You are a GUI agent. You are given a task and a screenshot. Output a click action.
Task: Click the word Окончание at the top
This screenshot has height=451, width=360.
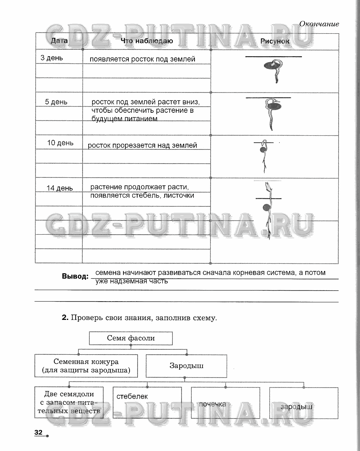pos(319,24)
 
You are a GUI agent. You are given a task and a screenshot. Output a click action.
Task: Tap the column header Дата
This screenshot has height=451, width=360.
pos(59,41)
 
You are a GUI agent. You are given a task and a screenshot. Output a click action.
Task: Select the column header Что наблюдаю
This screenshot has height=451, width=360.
pos(147,41)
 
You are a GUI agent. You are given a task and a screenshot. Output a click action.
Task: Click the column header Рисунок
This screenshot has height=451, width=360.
pos(275,41)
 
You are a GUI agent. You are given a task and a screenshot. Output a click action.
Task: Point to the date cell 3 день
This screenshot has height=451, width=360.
pos(52,58)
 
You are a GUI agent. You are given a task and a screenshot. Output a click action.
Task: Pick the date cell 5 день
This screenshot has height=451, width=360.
pos(56,102)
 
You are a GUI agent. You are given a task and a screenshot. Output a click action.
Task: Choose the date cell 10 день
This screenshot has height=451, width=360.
pos(60,143)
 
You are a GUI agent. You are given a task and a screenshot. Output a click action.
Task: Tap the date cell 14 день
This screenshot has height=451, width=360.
pos(60,188)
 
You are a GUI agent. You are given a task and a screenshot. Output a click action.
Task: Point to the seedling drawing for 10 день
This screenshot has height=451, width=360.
pos(264,156)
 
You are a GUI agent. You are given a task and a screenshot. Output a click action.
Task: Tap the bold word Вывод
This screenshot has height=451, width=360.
pos(75,276)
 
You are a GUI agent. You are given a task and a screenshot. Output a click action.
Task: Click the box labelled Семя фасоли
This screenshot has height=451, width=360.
pos(131,338)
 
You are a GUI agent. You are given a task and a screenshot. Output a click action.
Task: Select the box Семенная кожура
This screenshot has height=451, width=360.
pos(86,365)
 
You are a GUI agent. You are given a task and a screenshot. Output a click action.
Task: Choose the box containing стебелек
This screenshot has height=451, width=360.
pos(147,402)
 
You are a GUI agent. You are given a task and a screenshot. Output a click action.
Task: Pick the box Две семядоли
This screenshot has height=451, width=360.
pos(69,402)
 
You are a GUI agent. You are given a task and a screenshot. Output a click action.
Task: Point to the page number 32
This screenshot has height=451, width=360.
pos(38,432)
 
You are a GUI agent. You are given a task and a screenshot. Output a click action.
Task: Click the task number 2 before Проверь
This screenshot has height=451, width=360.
pos(65,318)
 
